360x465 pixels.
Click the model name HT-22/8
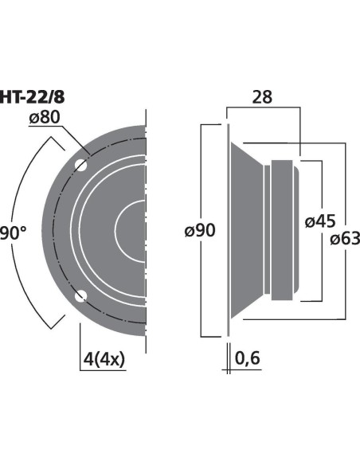coord(32,97)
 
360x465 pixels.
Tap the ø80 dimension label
coord(45,117)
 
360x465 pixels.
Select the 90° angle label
coord(13,232)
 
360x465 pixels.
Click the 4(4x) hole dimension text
coord(104,359)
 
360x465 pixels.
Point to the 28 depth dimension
coord(262,97)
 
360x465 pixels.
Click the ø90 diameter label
coord(200,230)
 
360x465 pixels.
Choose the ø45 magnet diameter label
coord(320,221)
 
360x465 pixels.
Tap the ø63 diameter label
coord(345,239)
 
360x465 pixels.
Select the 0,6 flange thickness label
coord(248,358)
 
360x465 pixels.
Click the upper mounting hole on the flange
coord(81,165)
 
